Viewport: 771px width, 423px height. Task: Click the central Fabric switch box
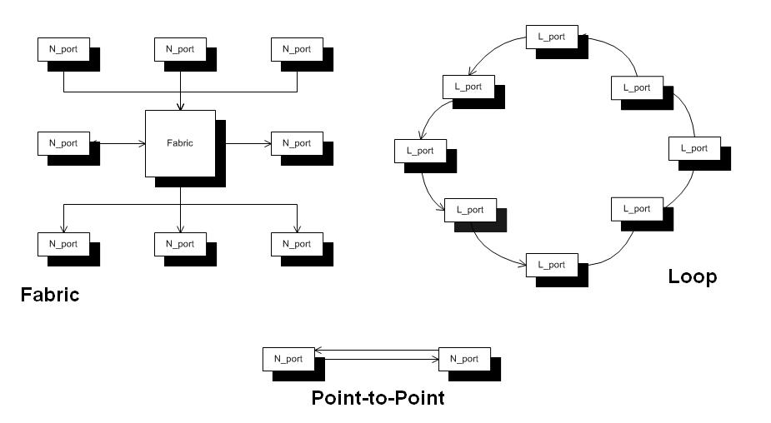tap(180, 143)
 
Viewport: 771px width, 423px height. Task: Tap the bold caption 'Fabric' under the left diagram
tap(50, 294)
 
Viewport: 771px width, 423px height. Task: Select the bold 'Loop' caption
tap(692, 276)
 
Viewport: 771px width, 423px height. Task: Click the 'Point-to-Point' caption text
tap(378, 398)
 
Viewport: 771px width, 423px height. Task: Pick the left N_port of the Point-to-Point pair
tap(288, 359)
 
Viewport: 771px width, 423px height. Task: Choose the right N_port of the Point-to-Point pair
tap(464, 359)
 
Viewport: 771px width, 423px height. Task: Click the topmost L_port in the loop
tap(552, 37)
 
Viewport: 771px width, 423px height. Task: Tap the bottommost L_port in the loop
tap(552, 265)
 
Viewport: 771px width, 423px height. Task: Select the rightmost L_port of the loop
tap(693, 148)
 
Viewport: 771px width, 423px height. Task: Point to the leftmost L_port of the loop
tap(420, 151)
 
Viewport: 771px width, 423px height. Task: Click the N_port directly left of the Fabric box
tap(63, 143)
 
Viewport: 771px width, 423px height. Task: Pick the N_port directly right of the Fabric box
tap(297, 143)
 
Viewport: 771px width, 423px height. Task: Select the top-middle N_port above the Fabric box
tap(180, 49)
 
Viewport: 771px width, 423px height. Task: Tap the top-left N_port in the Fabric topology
tap(63, 49)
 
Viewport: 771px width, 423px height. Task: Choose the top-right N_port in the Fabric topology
tap(297, 49)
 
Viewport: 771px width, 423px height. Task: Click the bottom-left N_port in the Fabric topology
tap(63, 244)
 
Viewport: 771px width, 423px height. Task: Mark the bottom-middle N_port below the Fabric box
tap(180, 244)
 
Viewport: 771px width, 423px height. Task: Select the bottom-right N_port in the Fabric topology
tap(297, 244)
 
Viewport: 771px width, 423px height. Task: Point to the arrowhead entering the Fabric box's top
tap(180, 106)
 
